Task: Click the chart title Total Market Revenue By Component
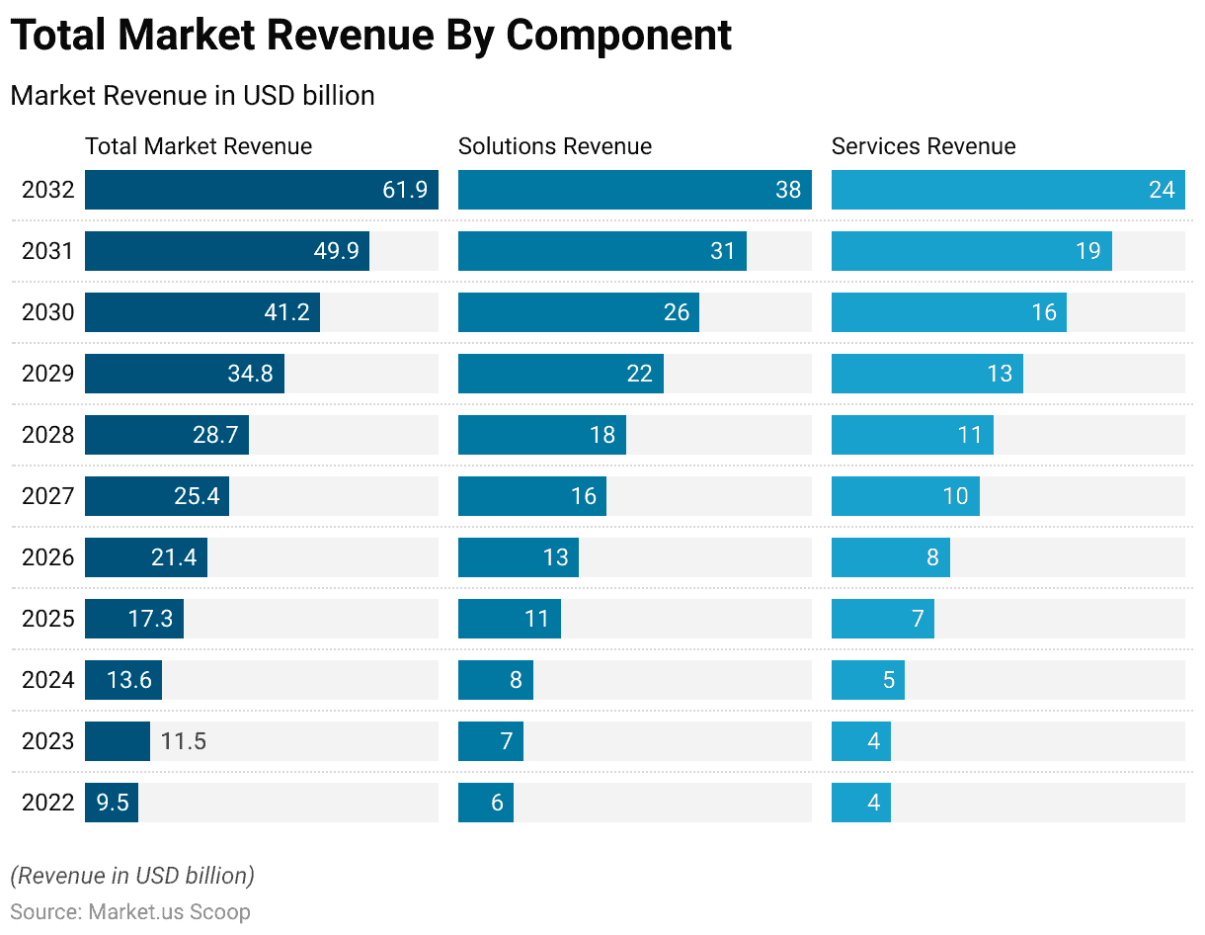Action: [x=370, y=37]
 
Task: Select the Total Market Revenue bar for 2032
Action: [x=261, y=190]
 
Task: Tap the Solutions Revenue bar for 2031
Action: [x=602, y=251]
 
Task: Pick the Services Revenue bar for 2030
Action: [x=948, y=312]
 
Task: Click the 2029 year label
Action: [x=47, y=374]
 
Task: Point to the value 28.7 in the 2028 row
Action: [x=215, y=435]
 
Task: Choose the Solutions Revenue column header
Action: [x=554, y=146]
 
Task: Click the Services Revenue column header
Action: [x=923, y=146]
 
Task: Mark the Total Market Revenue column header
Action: [x=198, y=146]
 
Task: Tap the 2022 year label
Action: [x=47, y=803]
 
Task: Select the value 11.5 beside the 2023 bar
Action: [x=183, y=741]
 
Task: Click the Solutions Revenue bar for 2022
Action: [x=485, y=803]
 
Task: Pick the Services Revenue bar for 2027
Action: [x=905, y=496]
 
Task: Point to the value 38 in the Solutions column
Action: [x=787, y=190]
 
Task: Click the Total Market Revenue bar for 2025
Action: [x=133, y=619]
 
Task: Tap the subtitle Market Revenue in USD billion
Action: [x=192, y=96]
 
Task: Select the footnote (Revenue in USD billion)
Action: [x=132, y=876]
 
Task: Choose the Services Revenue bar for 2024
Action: [x=867, y=680]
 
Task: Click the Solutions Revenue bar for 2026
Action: [x=518, y=557]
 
